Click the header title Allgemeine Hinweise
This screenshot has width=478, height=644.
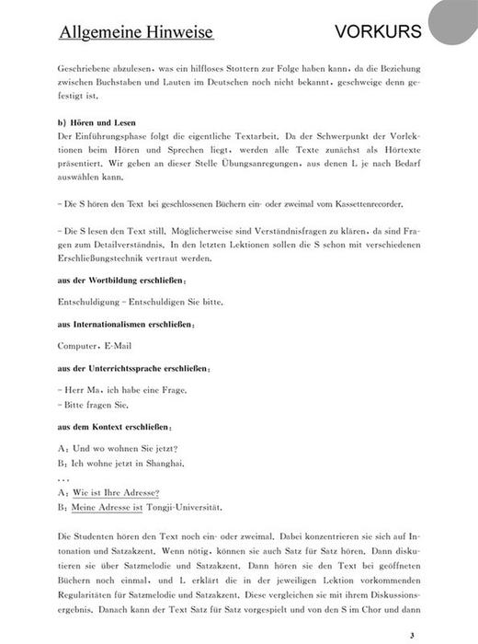tap(136, 32)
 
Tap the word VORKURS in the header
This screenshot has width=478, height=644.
tap(378, 31)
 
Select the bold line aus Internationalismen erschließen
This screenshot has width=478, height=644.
tap(126, 324)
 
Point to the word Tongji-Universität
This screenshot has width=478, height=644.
tap(184, 507)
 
